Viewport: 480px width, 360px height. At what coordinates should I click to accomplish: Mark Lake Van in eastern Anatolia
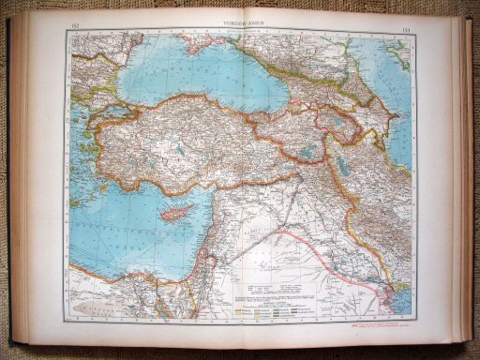coord(310,150)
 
